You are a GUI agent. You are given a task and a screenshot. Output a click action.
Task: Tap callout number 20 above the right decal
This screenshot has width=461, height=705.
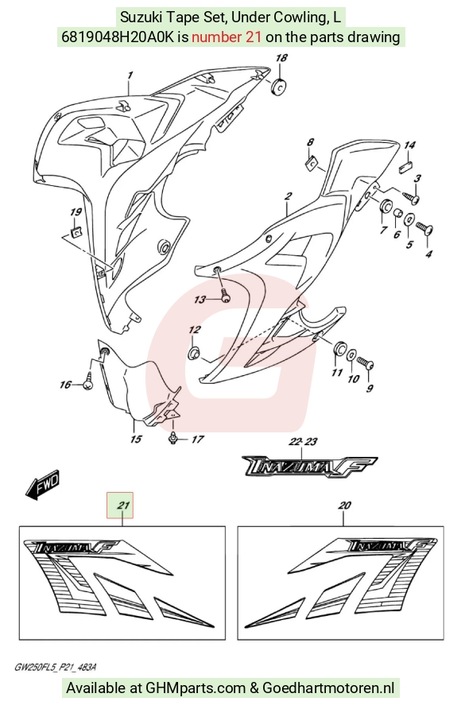coord(344,506)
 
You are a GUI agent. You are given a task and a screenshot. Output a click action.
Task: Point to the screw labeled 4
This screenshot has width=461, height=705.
coord(425,229)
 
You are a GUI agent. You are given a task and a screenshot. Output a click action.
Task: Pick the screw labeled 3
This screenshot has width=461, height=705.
coord(412,197)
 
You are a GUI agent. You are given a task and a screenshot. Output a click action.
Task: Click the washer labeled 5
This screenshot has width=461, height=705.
coord(409,220)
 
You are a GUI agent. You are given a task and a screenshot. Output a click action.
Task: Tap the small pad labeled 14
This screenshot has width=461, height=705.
coord(406,165)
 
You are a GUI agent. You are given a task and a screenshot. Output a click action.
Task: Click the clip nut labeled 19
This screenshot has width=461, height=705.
coord(76,231)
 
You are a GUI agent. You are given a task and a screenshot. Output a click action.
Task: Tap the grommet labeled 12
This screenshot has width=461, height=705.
coord(194,353)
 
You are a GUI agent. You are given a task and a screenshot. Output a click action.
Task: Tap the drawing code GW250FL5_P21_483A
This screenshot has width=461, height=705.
coord(54,667)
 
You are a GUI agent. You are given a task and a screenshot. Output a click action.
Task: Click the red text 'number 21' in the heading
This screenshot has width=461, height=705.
coord(227,37)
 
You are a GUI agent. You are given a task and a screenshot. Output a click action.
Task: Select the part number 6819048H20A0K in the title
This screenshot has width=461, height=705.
coord(117,37)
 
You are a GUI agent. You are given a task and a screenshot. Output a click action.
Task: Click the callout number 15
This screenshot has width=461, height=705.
coord(136,439)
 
